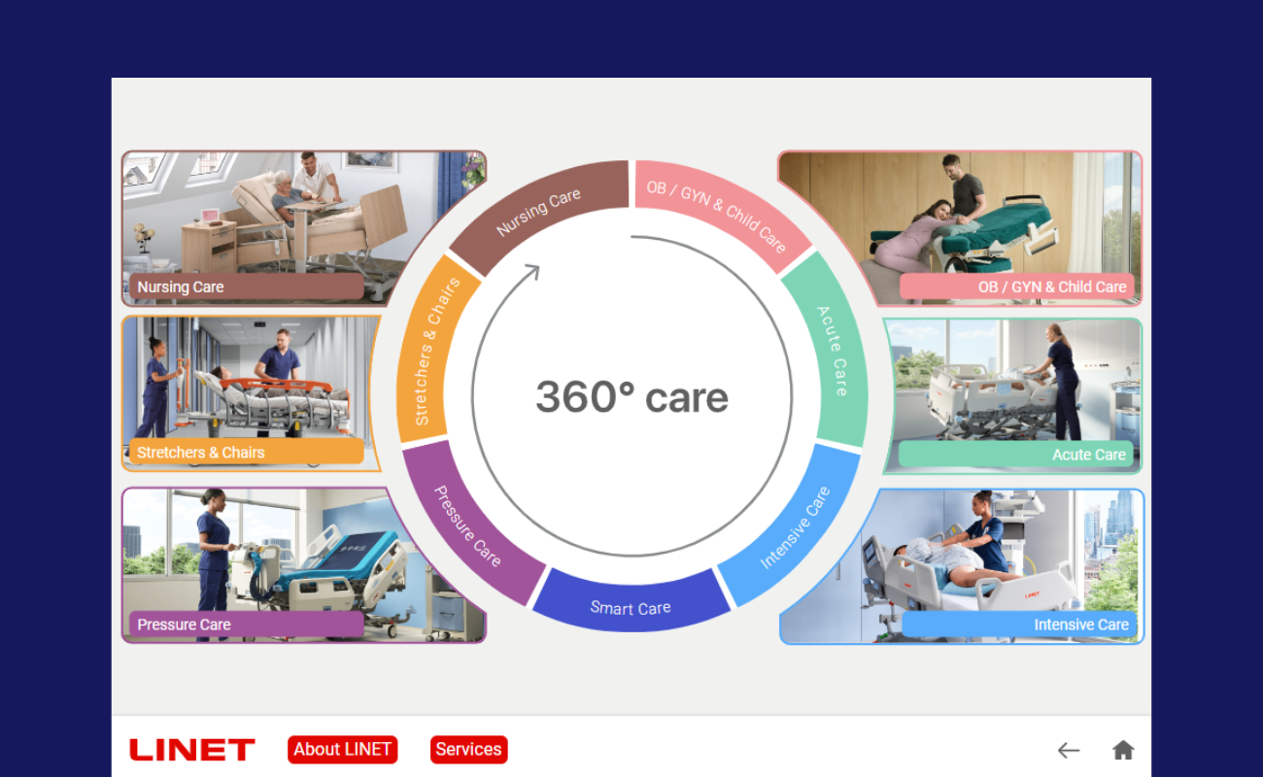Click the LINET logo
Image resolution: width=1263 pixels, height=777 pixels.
point(192,750)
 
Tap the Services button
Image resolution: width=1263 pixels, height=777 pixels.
point(468,750)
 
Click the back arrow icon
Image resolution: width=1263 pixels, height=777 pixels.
point(1069,751)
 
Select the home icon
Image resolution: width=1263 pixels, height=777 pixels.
point(1122,750)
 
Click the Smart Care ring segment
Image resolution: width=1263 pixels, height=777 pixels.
point(631,604)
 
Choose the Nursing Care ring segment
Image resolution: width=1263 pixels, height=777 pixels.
point(538,212)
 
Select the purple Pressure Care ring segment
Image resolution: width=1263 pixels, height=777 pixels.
point(468,526)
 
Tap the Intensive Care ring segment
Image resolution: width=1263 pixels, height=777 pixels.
point(795,527)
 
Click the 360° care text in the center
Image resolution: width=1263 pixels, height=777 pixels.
point(631,397)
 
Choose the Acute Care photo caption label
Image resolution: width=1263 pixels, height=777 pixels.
point(1016,455)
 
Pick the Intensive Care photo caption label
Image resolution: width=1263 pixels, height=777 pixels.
point(1019,625)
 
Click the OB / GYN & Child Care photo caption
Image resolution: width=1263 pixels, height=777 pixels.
point(1017,287)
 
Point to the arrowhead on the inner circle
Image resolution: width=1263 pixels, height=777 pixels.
point(531,272)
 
